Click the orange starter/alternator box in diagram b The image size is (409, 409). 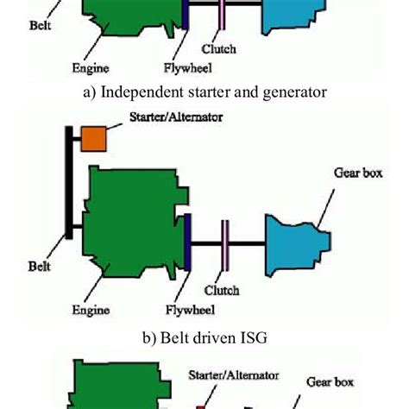click(x=92, y=139)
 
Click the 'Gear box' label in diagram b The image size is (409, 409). click(x=357, y=172)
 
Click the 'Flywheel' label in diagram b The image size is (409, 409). click(x=188, y=308)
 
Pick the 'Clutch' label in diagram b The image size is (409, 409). click(x=221, y=291)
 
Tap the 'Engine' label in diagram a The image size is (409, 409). click(x=91, y=63)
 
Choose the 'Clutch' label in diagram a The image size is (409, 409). click(x=218, y=48)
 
